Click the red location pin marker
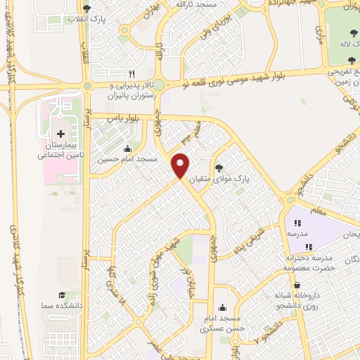click(181, 165)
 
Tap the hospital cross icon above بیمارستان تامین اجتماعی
click(60, 134)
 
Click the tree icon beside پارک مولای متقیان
click(219, 167)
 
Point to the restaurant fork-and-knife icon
click(131, 74)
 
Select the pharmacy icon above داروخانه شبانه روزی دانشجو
click(297, 285)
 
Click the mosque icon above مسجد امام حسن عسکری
click(223, 307)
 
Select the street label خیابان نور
click(187, 282)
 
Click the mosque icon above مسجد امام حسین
click(127, 148)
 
